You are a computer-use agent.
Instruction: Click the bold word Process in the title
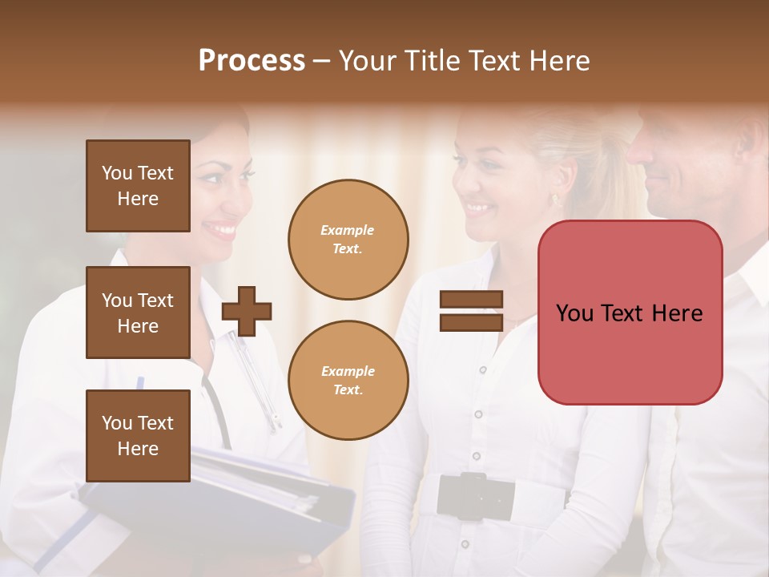point(252,61)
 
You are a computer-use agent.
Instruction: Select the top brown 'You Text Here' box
point(138,186)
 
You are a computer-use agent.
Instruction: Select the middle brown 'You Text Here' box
point(138,313)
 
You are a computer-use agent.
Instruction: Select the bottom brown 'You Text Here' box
point(138,435)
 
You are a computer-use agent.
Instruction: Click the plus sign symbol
point(247,311)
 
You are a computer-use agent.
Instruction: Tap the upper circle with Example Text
point(348,240)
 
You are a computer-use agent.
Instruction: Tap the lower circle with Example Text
point(348,380)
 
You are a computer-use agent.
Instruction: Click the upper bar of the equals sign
point(471,300)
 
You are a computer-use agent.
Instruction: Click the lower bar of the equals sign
point(471,322)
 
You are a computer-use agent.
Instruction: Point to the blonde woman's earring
point(554,198)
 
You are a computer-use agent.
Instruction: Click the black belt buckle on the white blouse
point(475,495)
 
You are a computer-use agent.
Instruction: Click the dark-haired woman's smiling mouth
point(222,230)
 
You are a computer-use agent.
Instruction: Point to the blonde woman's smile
point(479,208)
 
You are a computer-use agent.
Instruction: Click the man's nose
point(638,149)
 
